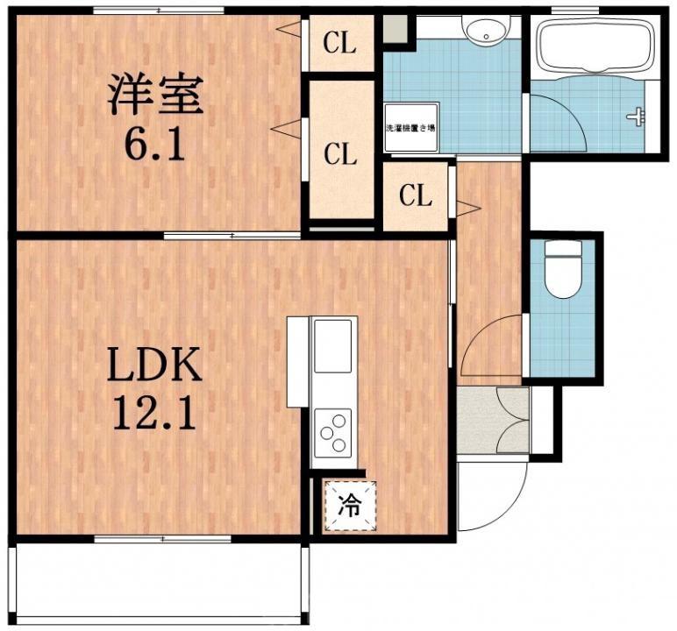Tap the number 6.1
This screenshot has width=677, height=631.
tap(156, 145)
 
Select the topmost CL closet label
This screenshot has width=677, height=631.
tap(339, 43)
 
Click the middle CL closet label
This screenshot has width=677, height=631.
tap(340, 155)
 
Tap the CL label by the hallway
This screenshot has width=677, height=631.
tap(416, 196)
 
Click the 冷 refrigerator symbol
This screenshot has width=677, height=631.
tap(349, 507)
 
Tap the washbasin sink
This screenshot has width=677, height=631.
tap(482, 33)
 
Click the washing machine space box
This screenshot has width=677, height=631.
tap(410, 128)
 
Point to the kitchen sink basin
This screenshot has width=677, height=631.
tap(332, 346)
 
